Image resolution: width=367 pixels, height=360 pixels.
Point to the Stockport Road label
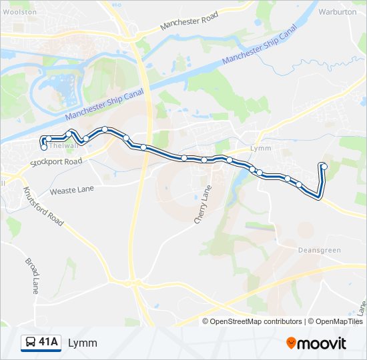56,162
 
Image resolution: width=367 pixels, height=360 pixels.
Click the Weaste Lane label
71,190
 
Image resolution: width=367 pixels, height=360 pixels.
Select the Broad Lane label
32,276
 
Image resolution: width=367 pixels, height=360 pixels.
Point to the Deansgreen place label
318,250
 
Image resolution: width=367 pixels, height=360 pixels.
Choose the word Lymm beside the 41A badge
83,343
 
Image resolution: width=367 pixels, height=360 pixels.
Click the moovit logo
316,343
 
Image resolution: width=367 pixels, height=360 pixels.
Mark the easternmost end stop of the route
324,166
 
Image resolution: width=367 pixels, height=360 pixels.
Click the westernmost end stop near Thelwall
44,147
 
